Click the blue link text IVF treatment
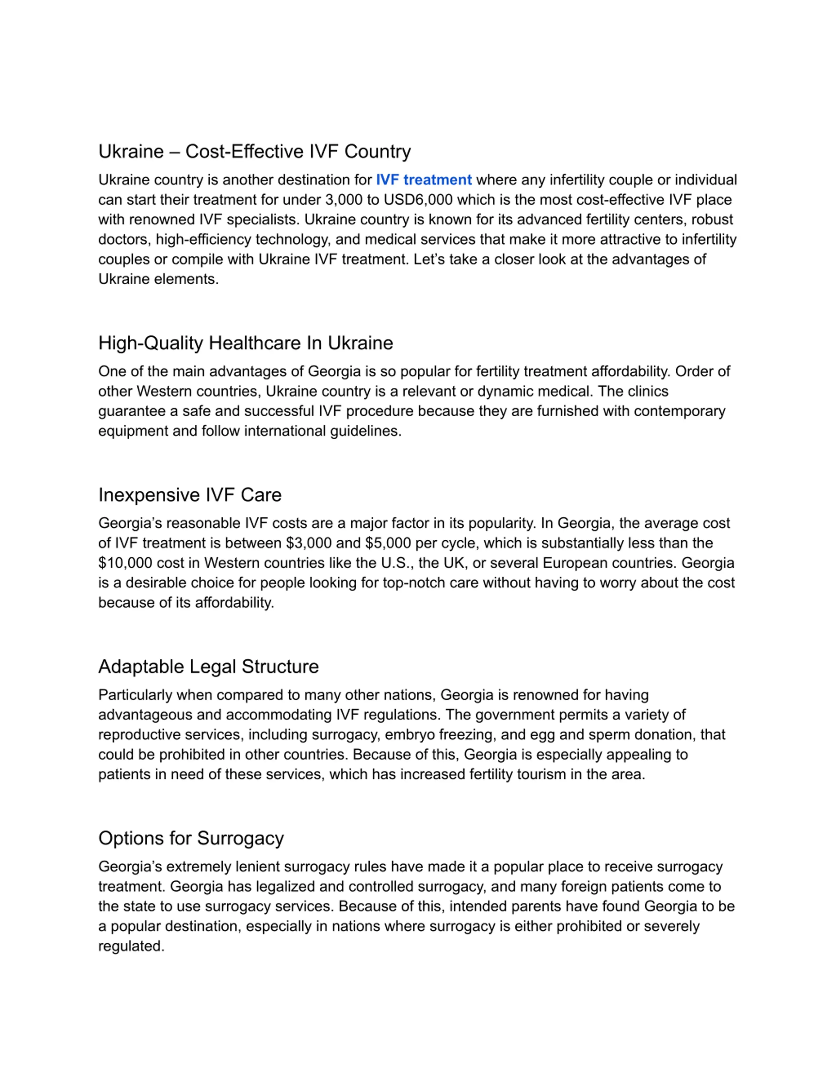(424, 180)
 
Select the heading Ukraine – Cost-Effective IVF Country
(255, 151)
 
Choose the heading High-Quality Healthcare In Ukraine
(246, 343)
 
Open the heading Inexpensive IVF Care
(190, 495)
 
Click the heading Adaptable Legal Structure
(208, 667)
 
